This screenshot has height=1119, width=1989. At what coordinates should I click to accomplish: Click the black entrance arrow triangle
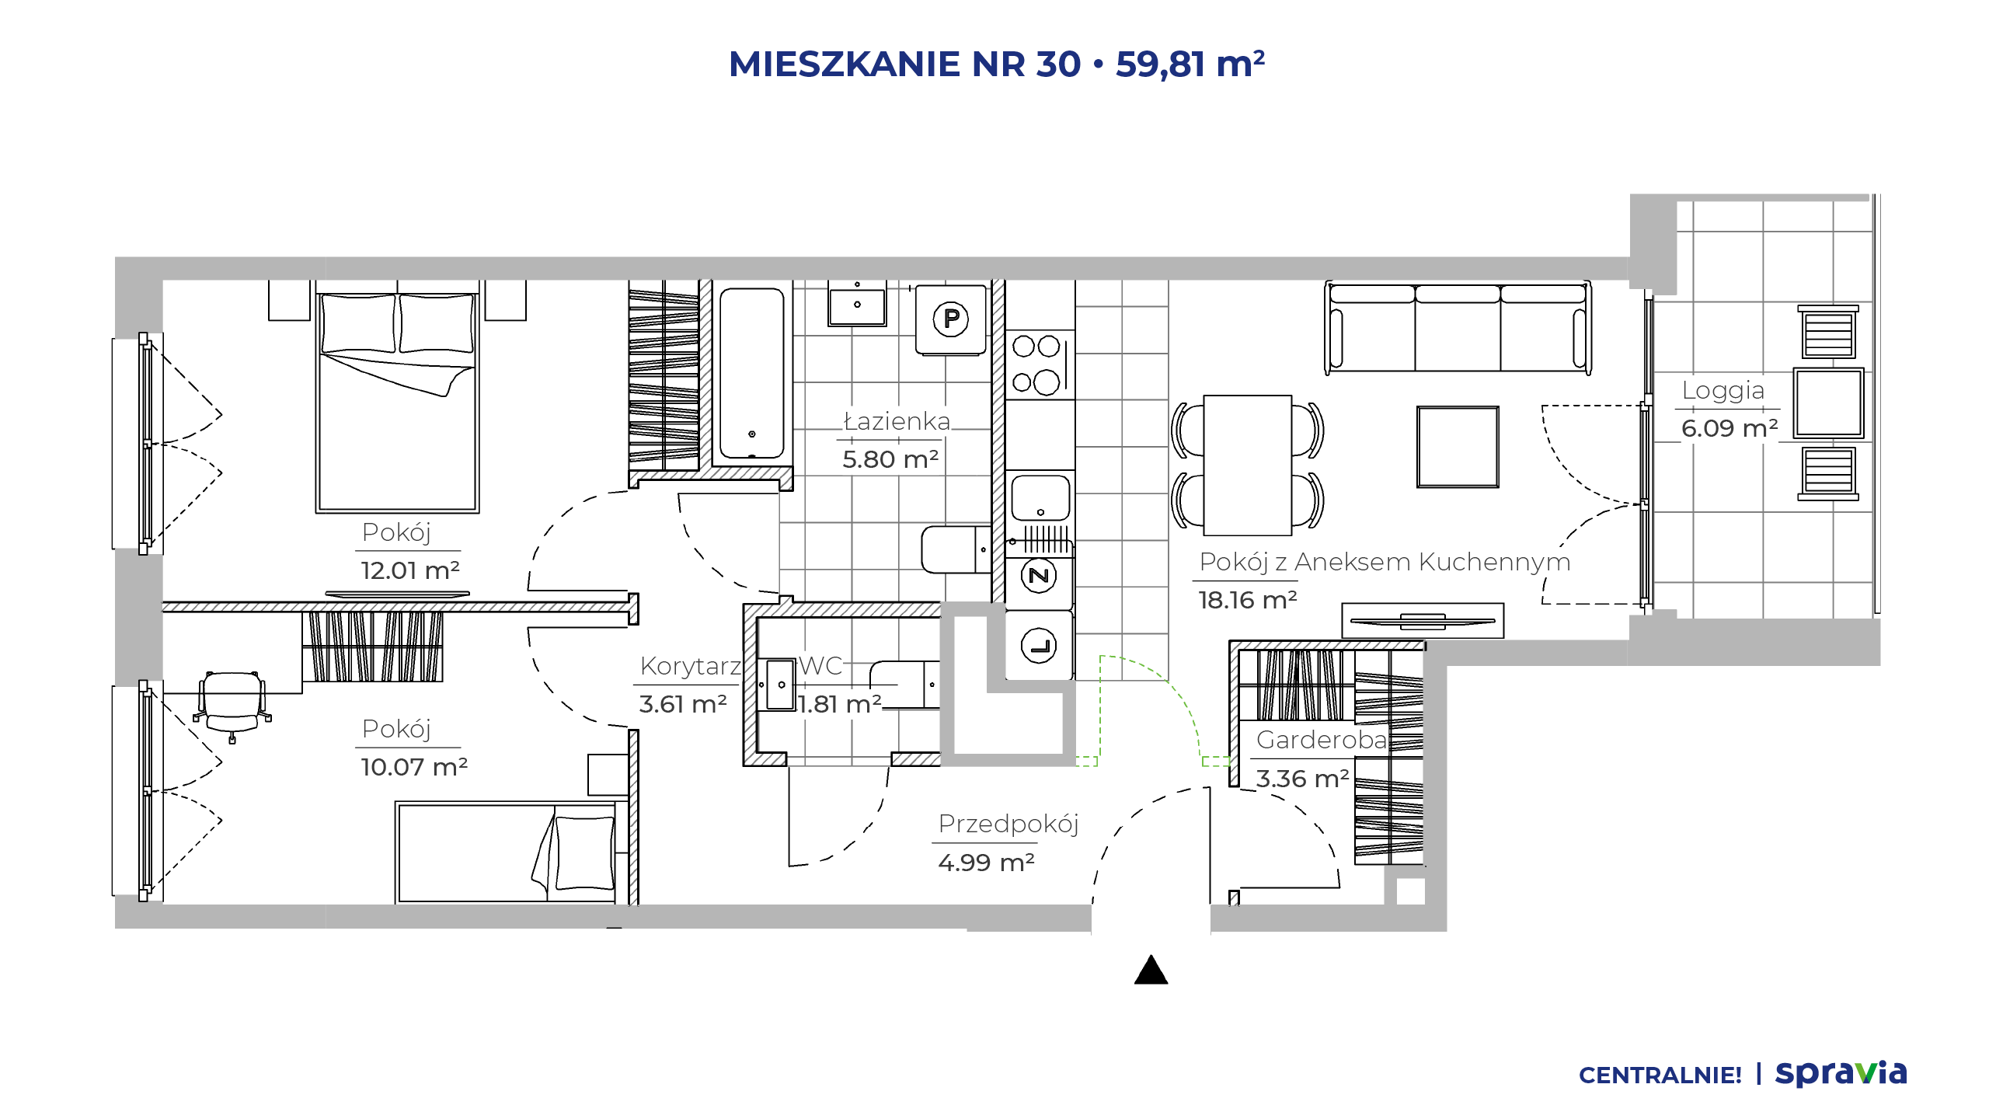point(1151,970)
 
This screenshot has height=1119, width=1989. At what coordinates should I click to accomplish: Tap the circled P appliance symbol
point(951,319)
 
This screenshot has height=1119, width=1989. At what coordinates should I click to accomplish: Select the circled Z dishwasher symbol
point(1039,576)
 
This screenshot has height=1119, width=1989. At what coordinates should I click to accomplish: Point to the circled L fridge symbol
point(1039,646)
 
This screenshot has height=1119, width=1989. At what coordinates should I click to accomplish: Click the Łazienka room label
point(897,421)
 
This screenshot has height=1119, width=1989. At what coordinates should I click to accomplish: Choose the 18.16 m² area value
point(1247,600)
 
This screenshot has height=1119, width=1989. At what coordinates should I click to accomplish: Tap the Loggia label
point(1723,391)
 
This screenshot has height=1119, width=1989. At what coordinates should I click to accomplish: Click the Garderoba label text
point(1322,740)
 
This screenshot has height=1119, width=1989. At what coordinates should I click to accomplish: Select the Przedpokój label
point(1008,824)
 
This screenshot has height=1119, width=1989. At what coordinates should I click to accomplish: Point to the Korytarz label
point(691,666)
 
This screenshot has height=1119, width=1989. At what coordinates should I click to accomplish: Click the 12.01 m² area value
point(410,570)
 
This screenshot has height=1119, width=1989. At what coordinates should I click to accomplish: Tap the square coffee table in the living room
point(1458,447)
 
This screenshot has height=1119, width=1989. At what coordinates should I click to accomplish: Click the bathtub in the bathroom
point(751,374)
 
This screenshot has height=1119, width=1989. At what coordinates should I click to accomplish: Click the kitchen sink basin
point(1040,497)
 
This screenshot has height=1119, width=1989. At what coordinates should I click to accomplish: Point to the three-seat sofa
point(1458,328)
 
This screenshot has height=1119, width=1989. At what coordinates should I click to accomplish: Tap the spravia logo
point(1841,1074)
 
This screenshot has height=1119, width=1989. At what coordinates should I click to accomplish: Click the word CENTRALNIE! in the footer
point(1660,1075)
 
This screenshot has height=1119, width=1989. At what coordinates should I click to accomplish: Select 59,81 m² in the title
point(1190,64)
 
